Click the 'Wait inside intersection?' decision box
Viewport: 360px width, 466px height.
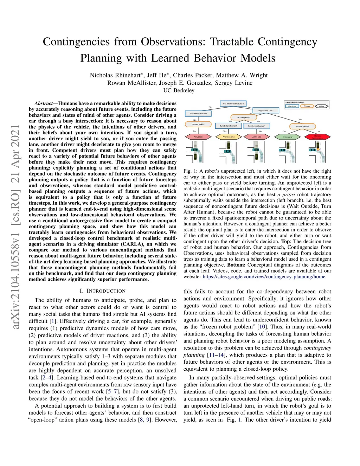(233, 104)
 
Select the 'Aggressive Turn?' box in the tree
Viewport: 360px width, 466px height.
(265, 110)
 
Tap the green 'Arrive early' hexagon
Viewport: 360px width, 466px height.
(287, 137)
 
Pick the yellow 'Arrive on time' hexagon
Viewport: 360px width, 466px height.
(229, 137)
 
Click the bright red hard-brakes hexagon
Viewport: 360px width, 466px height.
(317, 137)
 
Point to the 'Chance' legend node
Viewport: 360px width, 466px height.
(307, 106)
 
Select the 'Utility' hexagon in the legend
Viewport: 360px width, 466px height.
(321, 106)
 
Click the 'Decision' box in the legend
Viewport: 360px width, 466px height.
(292, 106)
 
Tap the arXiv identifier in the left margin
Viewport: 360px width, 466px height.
(15, 227)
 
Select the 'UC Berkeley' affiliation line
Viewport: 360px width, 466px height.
(179, 90)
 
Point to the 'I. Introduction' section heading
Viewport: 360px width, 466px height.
(102, 291)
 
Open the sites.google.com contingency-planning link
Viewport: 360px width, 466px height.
(264, 276)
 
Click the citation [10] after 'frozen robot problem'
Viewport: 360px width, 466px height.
(262, 327)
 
